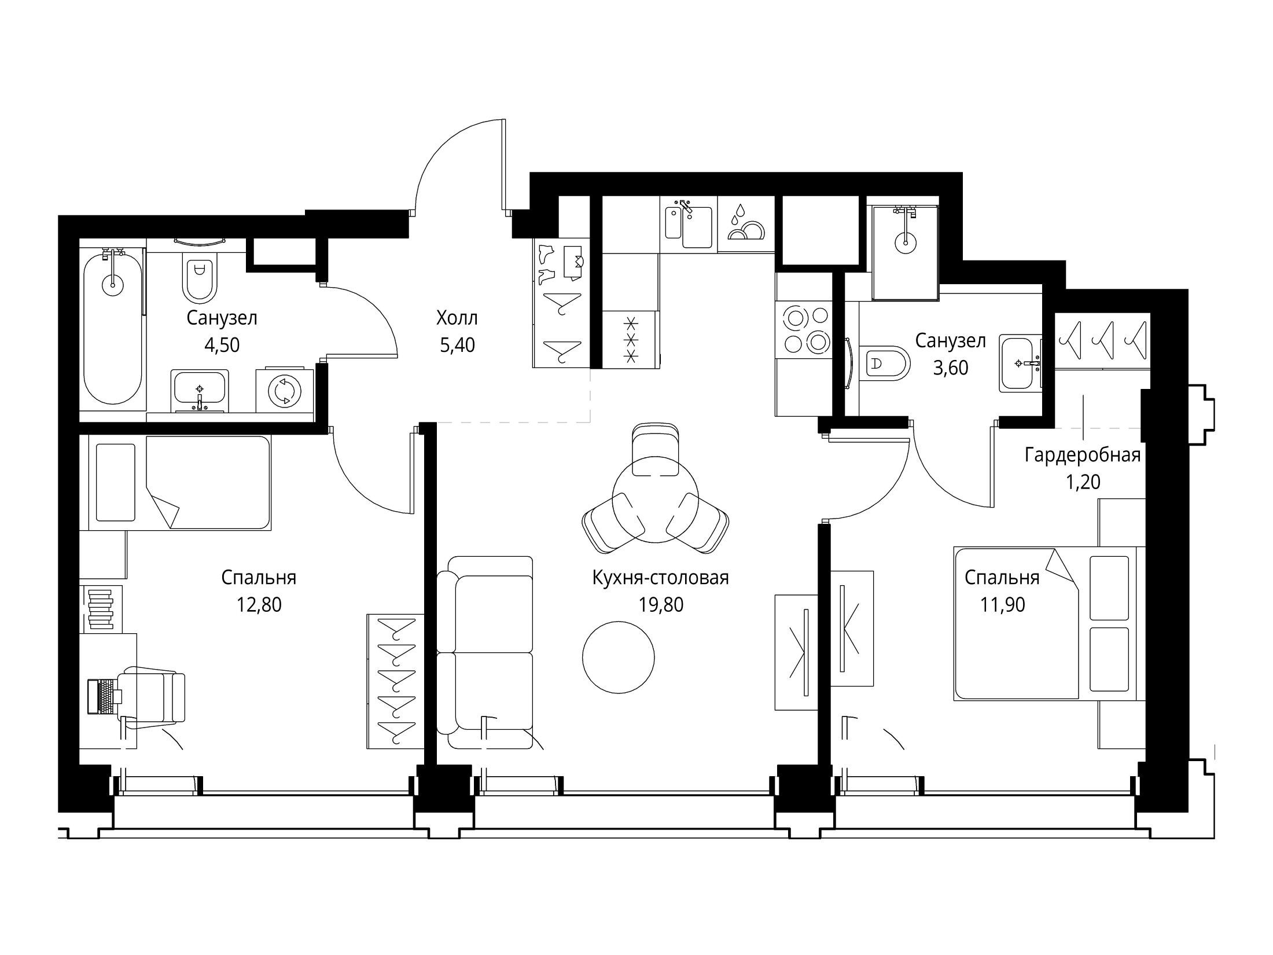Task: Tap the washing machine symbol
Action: [285, 392]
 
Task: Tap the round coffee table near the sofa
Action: [618, 656]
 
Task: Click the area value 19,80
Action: [660, 605]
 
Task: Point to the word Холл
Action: [457, 318]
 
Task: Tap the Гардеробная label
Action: [1083, 455]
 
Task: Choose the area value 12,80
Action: [259, 605]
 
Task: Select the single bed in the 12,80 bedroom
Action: [179, 483]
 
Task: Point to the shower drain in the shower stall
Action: [905, 242]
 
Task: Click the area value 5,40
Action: [457, 346]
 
